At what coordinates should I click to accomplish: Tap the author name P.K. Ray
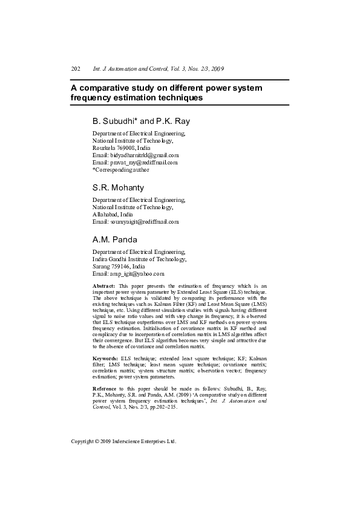coord(173,122)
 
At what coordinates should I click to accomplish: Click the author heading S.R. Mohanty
coord(118,188)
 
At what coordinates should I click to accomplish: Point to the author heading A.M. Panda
coord(115,240)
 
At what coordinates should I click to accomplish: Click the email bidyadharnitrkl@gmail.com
coord(145,155)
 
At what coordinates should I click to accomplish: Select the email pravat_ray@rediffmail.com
coord(143,163)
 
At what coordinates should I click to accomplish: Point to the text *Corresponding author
coord(120,170)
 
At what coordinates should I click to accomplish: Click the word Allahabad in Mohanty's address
coord(105,215)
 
